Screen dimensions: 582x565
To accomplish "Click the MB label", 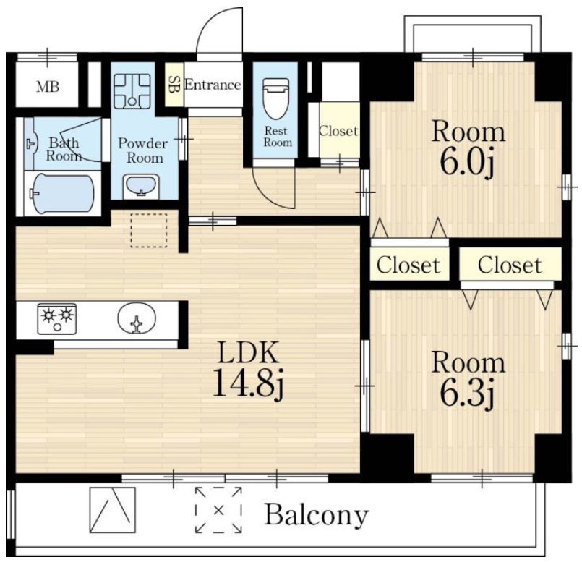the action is [x=48, y=87].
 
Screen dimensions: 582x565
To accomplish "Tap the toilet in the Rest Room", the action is [x=275, y=98].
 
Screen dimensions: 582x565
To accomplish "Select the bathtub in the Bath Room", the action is [x=63, y=194].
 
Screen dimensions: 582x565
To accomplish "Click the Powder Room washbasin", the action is [x=141, y=184].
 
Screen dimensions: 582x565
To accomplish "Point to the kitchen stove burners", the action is [x=57, y=318].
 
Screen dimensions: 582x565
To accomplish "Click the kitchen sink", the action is [x=137, y=319].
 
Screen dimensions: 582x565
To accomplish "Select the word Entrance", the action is [x=213, y=85].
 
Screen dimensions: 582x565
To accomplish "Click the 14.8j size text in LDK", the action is [x=248, y=383].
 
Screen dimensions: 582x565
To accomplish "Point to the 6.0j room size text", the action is [x=467, y=162].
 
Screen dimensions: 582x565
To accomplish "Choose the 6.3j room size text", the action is [x=467, y=393].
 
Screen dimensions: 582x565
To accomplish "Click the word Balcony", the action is [x=316, y=515].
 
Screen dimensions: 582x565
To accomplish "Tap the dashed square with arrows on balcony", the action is [x=218, y=509].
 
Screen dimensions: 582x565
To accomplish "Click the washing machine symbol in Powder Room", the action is [x=132, y=91].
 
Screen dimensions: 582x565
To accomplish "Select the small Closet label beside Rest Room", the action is [x=338, y=131].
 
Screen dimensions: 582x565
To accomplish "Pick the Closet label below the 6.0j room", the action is [x=408, y=265].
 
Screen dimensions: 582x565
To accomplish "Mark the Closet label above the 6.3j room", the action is [x=510, y=265].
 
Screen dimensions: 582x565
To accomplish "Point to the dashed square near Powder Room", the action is [x=148, y=231].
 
